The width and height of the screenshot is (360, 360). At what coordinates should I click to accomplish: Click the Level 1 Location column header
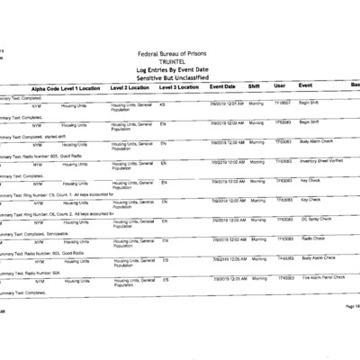81,88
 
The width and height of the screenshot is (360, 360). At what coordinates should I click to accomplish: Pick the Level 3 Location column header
178,87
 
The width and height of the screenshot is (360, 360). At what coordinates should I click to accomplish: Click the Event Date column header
222,86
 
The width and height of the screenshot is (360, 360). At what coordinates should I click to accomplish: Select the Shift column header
254,86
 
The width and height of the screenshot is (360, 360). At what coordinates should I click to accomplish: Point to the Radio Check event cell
312,238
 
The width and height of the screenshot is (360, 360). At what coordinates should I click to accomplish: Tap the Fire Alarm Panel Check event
324,278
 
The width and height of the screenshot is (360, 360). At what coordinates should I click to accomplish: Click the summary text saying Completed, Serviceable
36,233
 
